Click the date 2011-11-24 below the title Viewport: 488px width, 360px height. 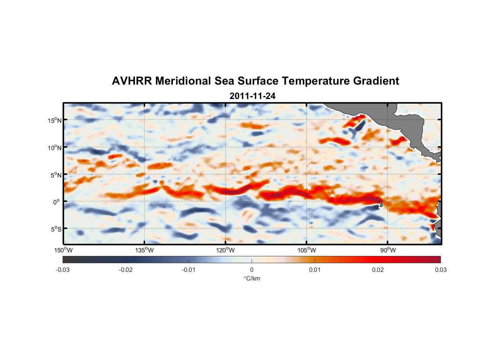(x=252, y=96)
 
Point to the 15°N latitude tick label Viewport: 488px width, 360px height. (x=55, y=120)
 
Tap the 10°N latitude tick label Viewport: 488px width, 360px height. (x=55, y=148)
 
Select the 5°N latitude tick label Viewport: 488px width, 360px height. (x=56, y=175)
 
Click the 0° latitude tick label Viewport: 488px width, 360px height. (x=57, y=202)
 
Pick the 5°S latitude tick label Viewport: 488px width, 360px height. (x=56, y=229)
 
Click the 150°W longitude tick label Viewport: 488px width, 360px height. (x=64, y=250)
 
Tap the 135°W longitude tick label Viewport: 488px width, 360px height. (x=145, y=250)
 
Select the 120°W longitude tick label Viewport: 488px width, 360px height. (x=226, y=250)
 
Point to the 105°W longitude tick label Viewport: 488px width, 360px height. (x=307, y=250)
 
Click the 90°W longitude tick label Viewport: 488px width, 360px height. (x=388, y=250)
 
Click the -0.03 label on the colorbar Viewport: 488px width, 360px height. (x=63, y=270)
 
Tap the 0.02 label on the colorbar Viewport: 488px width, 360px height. (x=378, y=270)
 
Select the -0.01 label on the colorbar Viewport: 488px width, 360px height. (x=189, y=270)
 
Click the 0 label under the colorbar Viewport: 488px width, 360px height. (x=252, y=270)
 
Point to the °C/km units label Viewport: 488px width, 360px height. (x=252, y=278)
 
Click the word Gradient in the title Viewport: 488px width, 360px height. (x=376, y=81)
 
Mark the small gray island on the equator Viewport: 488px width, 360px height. (x=381, y=204)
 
